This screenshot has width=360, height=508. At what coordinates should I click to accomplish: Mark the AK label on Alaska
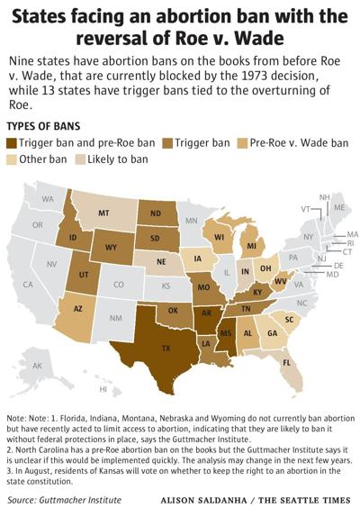point(39,366)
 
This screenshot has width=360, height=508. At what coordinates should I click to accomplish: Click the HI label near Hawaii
point(103,389)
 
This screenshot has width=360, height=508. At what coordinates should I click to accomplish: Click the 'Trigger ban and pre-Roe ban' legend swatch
point(13,141)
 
